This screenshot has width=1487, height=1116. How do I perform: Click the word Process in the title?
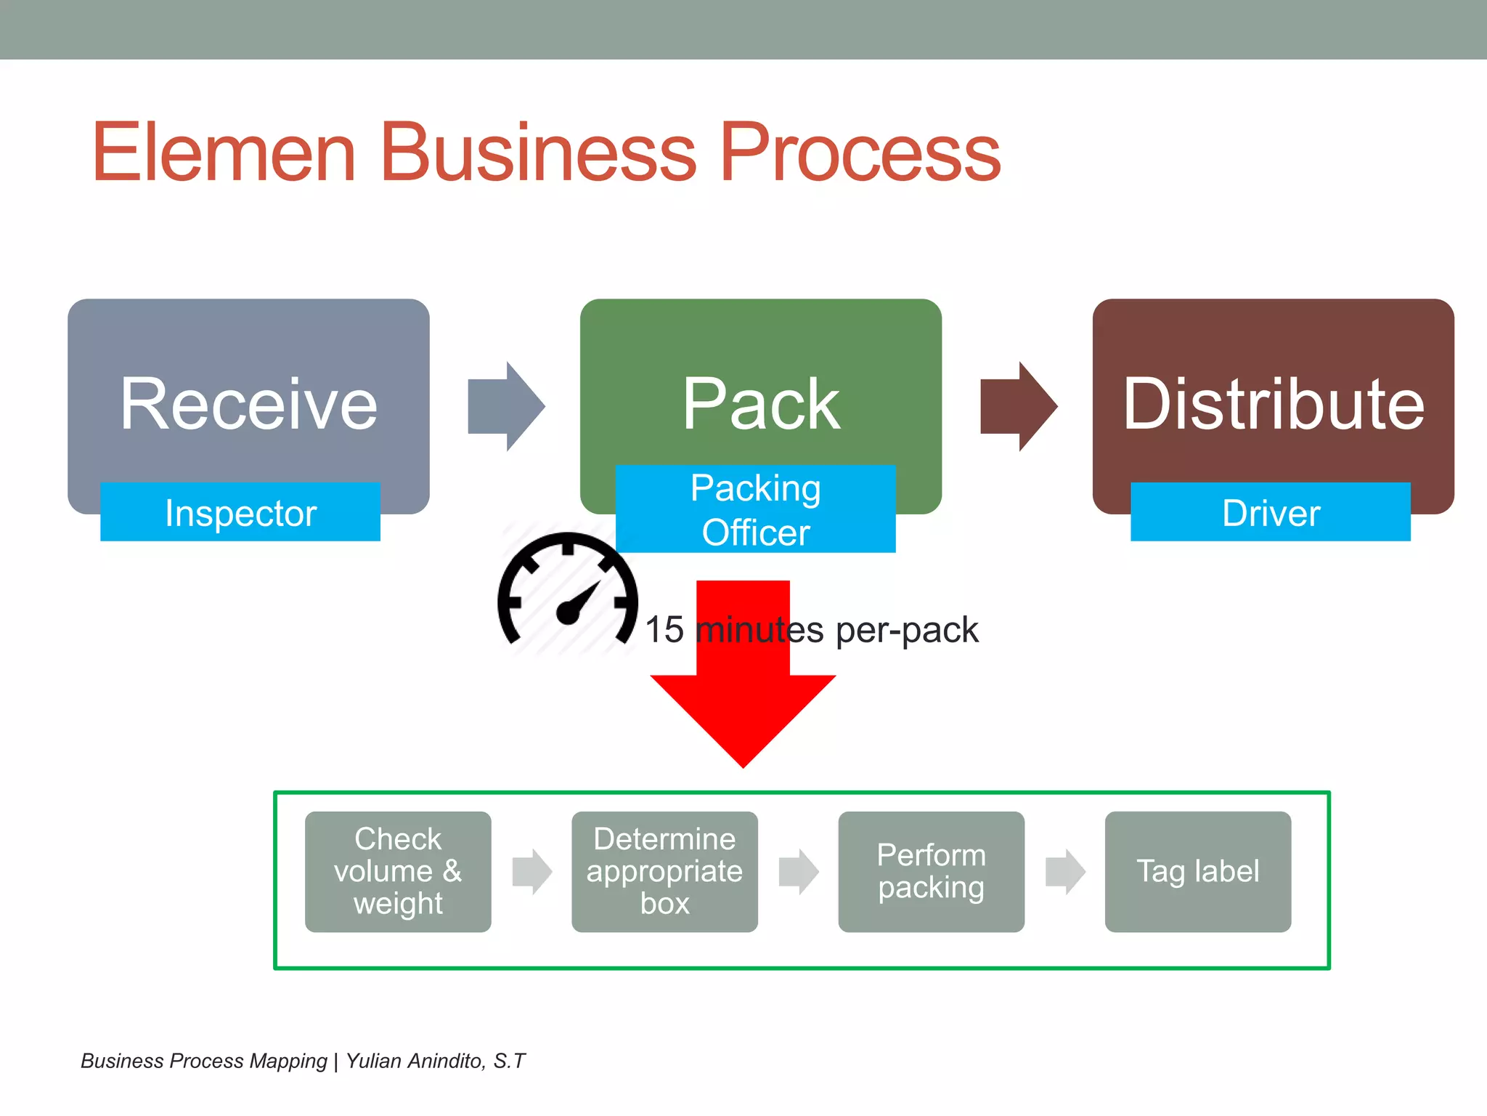[x=860, y=153]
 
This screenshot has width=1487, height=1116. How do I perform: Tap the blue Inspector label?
[x=240, y=512]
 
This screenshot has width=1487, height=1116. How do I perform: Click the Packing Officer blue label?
[x=755, y=509]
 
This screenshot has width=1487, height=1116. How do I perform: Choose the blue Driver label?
[x=1270, y=512]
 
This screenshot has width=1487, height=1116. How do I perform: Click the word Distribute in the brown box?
[x=1273, y=404]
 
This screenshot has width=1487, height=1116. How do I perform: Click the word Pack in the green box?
[x=760, y=404]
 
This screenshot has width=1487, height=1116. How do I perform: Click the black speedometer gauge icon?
[x=568, y=592]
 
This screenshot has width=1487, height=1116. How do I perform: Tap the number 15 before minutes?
[x=664, y=629]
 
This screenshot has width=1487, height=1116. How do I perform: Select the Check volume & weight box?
[x=398, y=871]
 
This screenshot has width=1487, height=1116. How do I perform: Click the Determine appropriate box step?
[x=664, y=871]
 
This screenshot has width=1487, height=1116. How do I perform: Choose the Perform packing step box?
[x=931, y=871]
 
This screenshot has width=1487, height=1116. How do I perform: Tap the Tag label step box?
[x=1197, y=871]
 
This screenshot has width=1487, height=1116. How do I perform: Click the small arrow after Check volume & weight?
[x=531, y=871]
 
